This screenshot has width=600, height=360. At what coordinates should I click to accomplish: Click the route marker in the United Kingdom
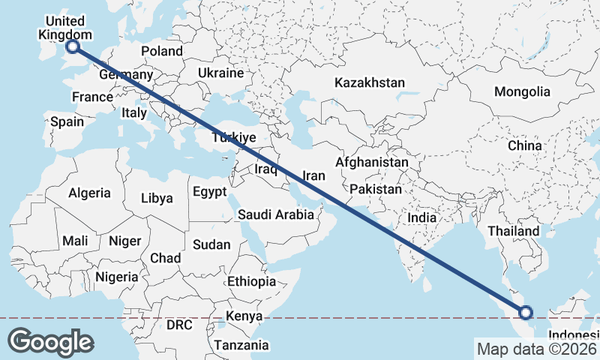click(73, 46)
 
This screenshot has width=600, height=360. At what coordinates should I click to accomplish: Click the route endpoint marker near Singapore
click(526, 312)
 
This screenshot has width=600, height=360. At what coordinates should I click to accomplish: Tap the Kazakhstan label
click(370, 82)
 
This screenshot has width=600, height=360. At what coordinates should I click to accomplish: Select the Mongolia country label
click(522, 91)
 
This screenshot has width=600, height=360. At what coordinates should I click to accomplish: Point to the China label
click(524, 145)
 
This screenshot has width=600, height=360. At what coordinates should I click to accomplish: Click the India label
click(421, 217)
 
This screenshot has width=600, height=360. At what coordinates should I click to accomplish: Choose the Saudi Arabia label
click(276, 214)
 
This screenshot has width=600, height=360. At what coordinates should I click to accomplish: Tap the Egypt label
click(209, 192)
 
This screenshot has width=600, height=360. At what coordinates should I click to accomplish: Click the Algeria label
click(89, 193)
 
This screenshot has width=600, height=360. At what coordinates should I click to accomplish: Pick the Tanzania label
click(241, 345)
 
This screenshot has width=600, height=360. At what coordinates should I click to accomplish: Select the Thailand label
click(514, 231)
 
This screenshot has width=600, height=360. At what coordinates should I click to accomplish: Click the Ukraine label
click(221, 73)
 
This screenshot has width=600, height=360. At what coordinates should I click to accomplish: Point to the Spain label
click(67, 121)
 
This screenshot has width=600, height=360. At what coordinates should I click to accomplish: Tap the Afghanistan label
click(372, 162)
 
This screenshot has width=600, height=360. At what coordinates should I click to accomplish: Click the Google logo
click(50, 342)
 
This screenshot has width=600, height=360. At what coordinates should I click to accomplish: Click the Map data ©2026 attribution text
click(536, 348)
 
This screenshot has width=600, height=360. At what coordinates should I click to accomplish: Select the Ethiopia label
click(251, 281)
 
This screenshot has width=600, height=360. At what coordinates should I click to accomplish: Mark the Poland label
click(162, 51)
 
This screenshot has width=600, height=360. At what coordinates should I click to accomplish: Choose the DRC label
click(179, 325)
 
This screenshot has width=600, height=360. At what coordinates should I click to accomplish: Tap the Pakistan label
click(376, 189)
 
